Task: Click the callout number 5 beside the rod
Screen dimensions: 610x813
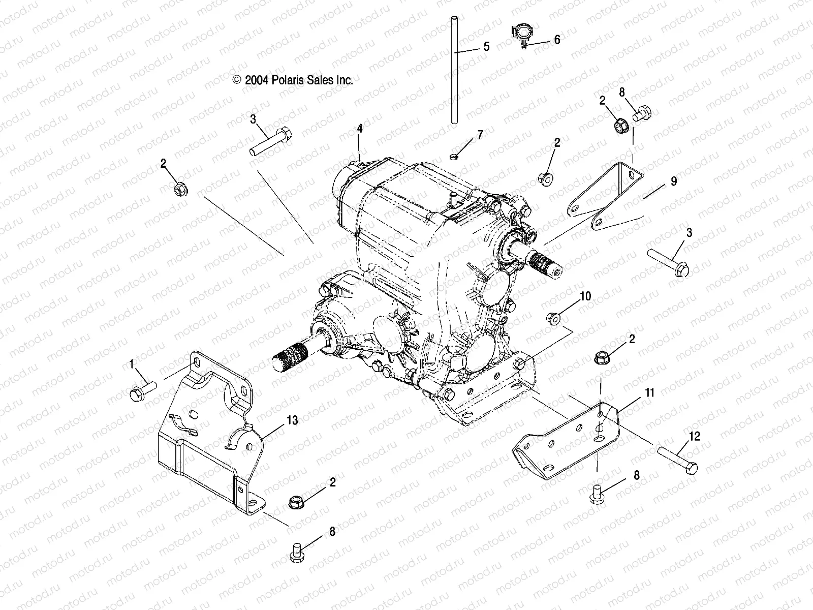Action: click(x=486, y=47)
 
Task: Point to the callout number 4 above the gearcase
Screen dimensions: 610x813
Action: click(x=360, y=129)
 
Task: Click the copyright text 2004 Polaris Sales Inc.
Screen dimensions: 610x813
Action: click(x=293, y=80)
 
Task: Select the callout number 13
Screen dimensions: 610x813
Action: click(x=292, y=420)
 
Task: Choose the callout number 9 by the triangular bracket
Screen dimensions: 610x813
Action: click(x=674, y=181)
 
